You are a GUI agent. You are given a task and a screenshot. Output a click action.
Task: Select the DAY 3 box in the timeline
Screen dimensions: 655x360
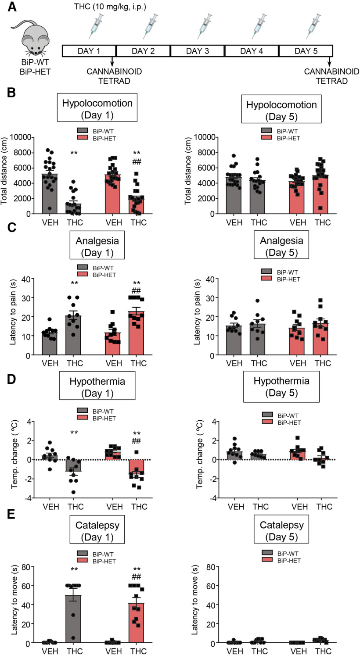197,51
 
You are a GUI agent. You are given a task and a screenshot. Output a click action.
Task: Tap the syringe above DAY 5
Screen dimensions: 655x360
318,26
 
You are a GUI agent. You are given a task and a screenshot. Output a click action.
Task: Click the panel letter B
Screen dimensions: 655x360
11,93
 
